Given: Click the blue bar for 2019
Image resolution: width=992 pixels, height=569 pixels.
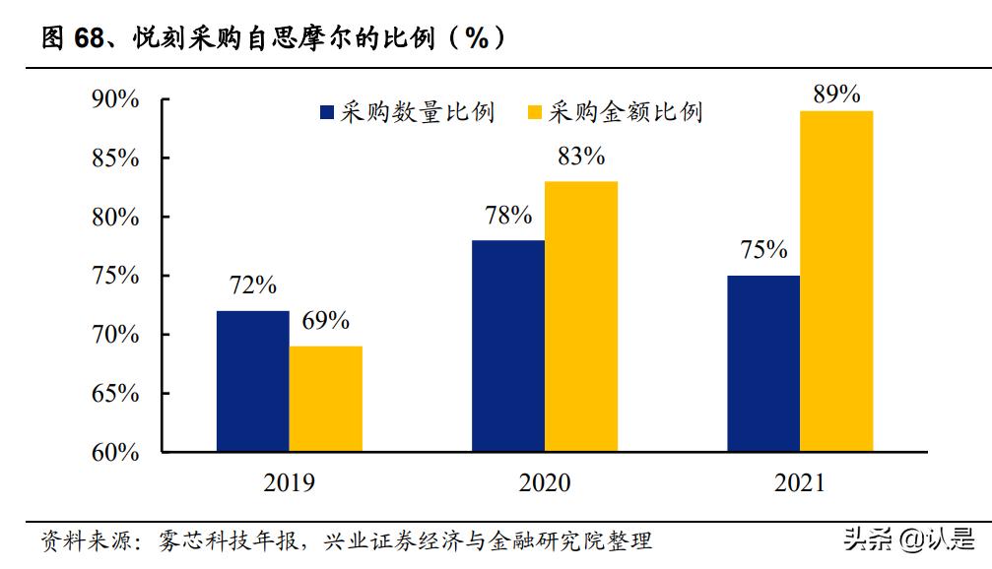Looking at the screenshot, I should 252,381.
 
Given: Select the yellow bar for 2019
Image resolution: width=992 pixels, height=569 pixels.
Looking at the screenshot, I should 325,399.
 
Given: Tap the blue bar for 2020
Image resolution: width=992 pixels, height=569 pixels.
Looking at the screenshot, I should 507,346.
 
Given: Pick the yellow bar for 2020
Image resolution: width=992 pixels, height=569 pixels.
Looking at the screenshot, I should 580,316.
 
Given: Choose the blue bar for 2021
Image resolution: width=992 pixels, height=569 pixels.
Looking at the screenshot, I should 762,363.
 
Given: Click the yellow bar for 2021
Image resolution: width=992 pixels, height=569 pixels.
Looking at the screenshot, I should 835,281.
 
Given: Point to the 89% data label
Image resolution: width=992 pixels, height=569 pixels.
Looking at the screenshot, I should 836,95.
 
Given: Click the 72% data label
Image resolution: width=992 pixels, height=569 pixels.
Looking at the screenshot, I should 252,286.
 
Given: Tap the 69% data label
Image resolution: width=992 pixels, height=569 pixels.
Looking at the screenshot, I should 325,321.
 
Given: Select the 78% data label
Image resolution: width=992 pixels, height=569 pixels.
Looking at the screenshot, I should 507,216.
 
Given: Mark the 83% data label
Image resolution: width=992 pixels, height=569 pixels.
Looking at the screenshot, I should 580,157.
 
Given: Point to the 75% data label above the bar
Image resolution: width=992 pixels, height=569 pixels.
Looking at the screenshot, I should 762,250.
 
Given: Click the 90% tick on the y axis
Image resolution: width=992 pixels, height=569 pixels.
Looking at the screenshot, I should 115,99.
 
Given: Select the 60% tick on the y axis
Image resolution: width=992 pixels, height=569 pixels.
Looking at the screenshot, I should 115,453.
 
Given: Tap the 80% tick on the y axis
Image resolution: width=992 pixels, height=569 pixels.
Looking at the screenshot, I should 115,218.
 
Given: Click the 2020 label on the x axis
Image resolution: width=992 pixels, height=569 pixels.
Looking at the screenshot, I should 544,483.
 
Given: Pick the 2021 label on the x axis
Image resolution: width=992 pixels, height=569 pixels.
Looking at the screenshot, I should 799,483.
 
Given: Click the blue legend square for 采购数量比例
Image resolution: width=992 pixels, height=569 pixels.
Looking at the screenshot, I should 327,112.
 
